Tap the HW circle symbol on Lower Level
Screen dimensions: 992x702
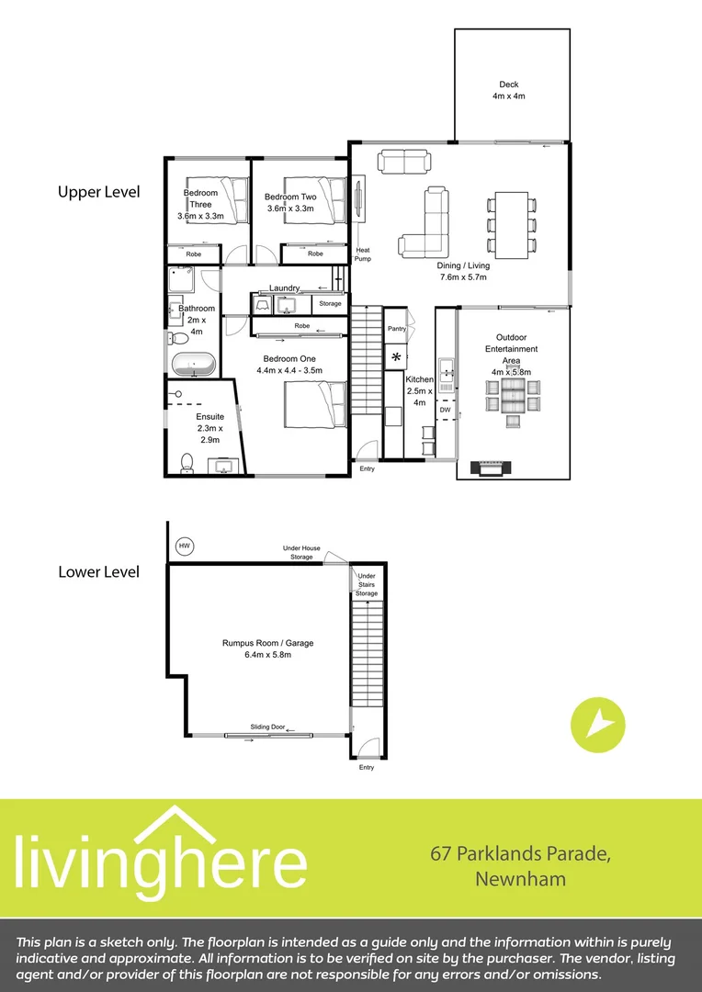pyautogui.click(x=185, y=547)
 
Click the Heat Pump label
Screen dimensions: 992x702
pyautogui.click(x=363, y=254)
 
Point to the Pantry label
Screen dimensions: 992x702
pyautogui.click(x=396, y=328)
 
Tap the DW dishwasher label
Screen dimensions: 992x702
pyautogui.click(x=445, y=410)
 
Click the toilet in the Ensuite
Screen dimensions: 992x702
pyautogui.click(x=187, y=464)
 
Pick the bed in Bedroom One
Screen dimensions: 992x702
pyautogui.click(x=314, y=404)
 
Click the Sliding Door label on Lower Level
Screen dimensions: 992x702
pyautogui.click(x=267, y=727)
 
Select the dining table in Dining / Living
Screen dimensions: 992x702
pyautogui.click(x=511, y=224)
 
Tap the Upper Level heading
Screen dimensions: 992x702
pyautogui.click(x=98, y=192)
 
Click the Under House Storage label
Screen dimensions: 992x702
pyautogui.click(x=301, y=552)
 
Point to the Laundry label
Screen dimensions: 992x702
pyautogui.click(x=285, y=287)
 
